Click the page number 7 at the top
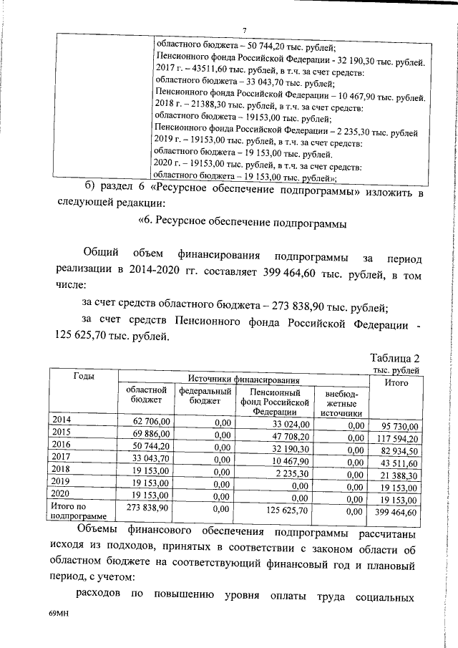coord(244,29)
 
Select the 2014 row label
coord(62,420)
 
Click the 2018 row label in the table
coord(62,468)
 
